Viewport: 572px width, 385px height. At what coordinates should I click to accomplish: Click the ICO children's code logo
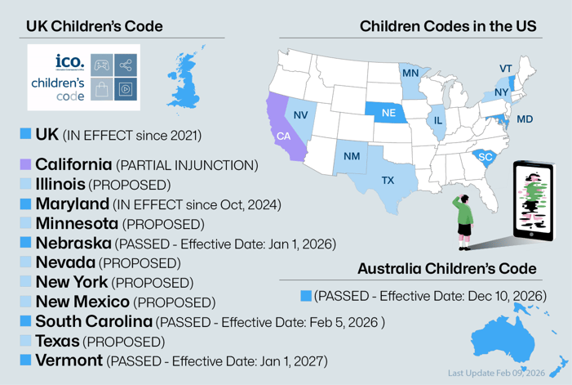pos(83,77)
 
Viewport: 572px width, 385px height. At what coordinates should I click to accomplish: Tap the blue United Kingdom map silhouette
pos(186,78)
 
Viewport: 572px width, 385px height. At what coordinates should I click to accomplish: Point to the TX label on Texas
pos(388,180)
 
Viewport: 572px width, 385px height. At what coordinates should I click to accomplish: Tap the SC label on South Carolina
pos(486,157)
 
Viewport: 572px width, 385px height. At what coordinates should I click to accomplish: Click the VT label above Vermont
pos(506,68)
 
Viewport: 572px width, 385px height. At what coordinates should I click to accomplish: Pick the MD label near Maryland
pos(525,119)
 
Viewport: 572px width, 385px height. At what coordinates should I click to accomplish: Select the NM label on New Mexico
pos(352,156)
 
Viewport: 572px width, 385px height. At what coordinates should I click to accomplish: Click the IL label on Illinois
pos(439,119)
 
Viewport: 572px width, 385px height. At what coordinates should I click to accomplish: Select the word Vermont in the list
pos(69,359)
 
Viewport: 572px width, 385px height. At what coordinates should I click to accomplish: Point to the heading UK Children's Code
pos(95,27)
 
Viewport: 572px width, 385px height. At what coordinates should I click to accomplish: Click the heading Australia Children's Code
pos(447,268)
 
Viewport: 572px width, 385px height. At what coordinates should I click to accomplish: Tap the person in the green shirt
pos(463,219)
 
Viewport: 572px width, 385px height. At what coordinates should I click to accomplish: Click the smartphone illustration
pos(532,200)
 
